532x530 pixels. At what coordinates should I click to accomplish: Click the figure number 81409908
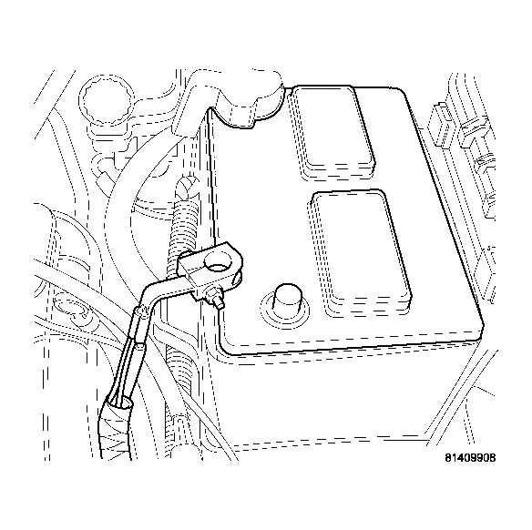point(470,458)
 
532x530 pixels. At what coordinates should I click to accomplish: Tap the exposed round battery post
point(288,298)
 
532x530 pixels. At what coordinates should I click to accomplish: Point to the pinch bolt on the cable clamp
point(214,297)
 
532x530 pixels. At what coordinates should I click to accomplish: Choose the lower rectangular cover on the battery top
point(361,251)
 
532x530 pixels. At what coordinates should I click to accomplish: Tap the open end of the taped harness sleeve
point(119,404)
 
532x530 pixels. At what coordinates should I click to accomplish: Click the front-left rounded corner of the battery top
point(227,350)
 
